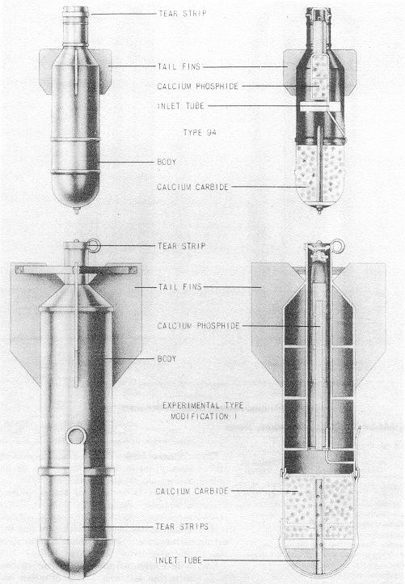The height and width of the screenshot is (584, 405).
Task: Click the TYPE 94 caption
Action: point(200,132)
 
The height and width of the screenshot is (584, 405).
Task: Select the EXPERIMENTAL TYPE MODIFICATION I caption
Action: point(203,411)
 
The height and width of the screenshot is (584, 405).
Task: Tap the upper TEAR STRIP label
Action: point(183,14)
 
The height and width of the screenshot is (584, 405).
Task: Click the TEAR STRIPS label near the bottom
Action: point(182,527)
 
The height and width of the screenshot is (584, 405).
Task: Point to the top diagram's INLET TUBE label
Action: point(181,106)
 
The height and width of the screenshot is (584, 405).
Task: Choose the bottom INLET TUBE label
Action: point(179,560)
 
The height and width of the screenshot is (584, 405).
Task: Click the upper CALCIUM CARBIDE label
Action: point(193,187)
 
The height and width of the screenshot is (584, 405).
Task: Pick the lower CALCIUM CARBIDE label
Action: point(192,491)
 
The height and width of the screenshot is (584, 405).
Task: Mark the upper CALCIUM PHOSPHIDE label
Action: point(198,86)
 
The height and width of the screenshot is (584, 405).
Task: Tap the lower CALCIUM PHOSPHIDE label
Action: point(198,326)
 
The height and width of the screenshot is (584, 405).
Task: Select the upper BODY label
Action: point(167,162)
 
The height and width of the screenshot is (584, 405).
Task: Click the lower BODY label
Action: point(167,358)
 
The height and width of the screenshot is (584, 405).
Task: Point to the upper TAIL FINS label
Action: point(179,66)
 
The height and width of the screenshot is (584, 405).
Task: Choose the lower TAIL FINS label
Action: point(180,287)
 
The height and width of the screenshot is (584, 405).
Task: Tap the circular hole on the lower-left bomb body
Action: point(76,435)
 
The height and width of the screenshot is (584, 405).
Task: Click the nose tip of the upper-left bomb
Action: point(76,212)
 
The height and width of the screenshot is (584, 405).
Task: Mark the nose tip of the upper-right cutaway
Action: point(319,211)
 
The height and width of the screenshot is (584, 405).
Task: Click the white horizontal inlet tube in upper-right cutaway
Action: point(320,107)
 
